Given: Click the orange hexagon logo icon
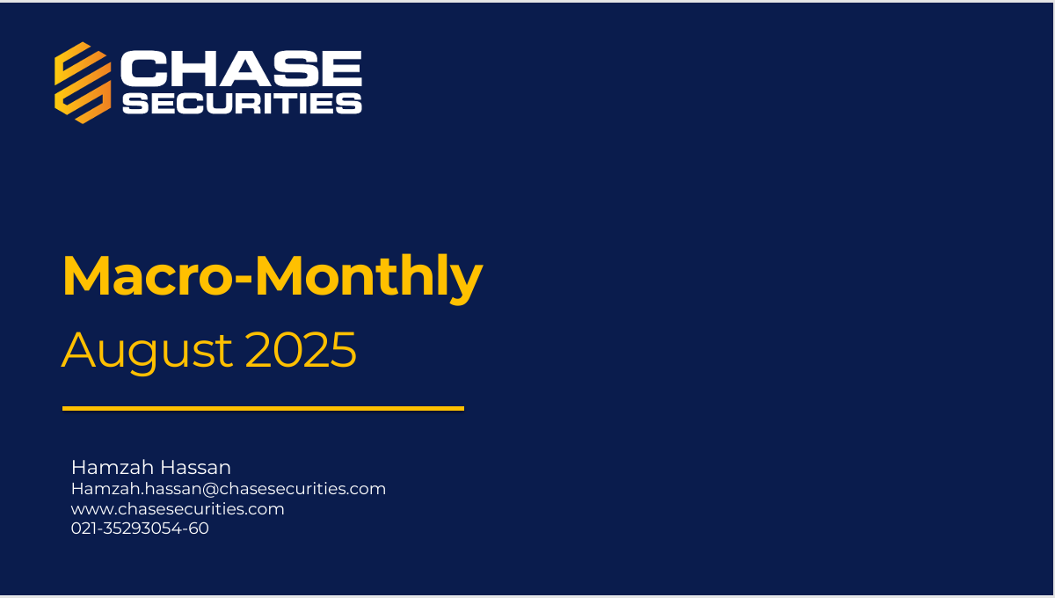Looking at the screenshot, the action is [x=83, y=83].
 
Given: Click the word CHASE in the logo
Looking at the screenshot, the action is [x=241, y=69].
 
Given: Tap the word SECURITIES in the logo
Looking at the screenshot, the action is [x=242, y=103].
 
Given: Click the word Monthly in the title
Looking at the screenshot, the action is [x=368, y=279].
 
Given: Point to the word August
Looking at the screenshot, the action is [x=147, y=352].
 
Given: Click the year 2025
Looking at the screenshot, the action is [x=301, y=350].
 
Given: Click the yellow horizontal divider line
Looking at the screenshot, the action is [x=263, y=409].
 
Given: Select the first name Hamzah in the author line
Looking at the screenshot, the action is [x=113, y=468].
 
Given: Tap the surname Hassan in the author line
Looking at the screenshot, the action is [x=195, y=468].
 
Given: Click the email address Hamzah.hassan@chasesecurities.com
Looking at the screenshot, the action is [x=229, y=489].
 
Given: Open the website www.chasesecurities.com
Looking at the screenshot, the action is [x=178, y=509].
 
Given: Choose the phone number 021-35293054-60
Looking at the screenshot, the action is [x=140, y=529].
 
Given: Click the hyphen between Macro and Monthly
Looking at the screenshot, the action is [x=244, y=281].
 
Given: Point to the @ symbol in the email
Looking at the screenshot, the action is [x=210, y=489].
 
